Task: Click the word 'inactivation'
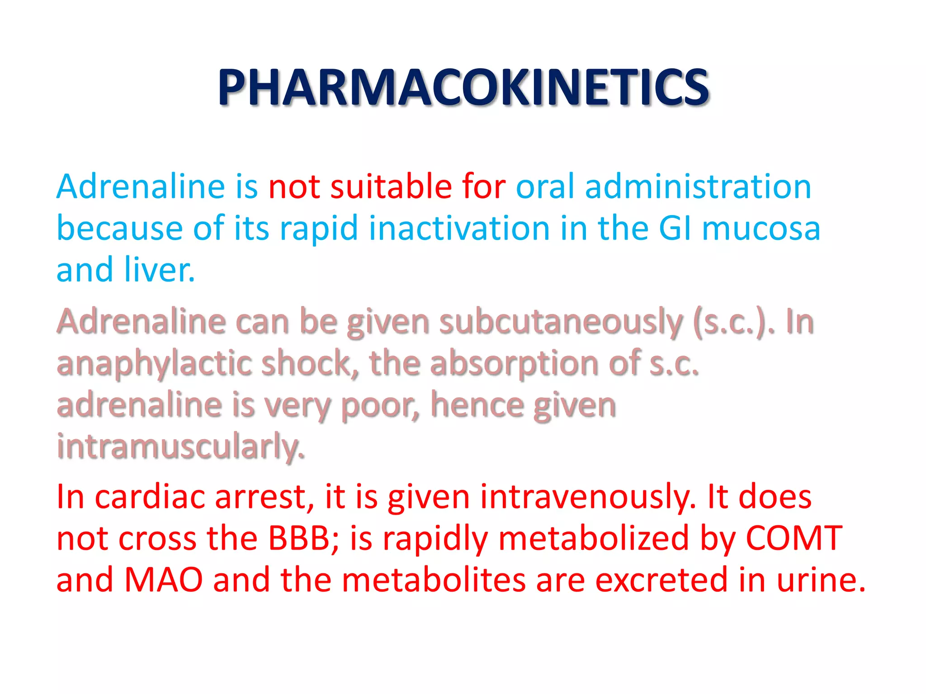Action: [459, 228]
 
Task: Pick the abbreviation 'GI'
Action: [675, 228]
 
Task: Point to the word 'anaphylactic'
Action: [154, 364]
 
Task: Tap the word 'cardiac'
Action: [149, 497]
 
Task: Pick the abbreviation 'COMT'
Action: [794, 538]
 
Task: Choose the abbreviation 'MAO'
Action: [163, 580]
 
